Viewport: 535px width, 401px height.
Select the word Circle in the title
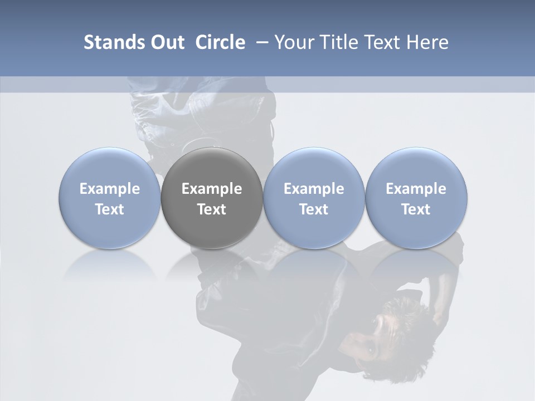[220, 42]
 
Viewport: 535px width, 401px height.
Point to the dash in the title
[260, 43]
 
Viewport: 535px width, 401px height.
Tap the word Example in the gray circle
[212, 189]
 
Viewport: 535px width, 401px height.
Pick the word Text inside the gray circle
[212, 209]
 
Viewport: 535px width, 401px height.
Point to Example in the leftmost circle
[110, 189]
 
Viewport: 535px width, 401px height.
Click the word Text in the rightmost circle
[416, 209]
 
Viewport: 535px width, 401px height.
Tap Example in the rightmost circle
[416, 189]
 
